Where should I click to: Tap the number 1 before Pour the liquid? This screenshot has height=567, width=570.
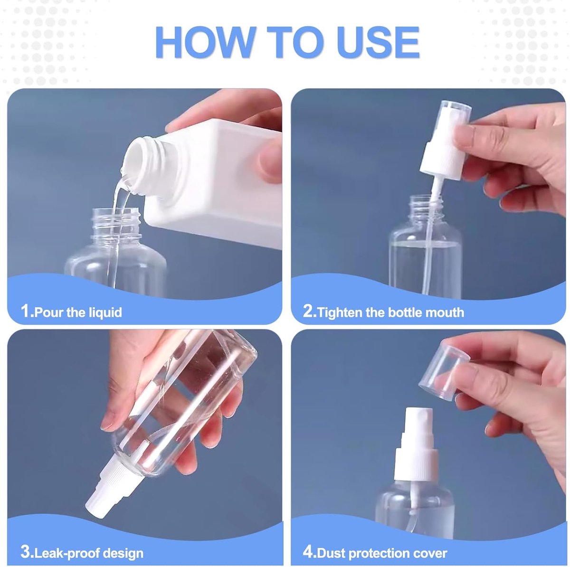[x=26, y=312]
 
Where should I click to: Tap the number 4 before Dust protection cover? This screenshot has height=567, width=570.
[x=309, y=552]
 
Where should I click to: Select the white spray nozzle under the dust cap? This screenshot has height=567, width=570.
[x=418, y=427]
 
